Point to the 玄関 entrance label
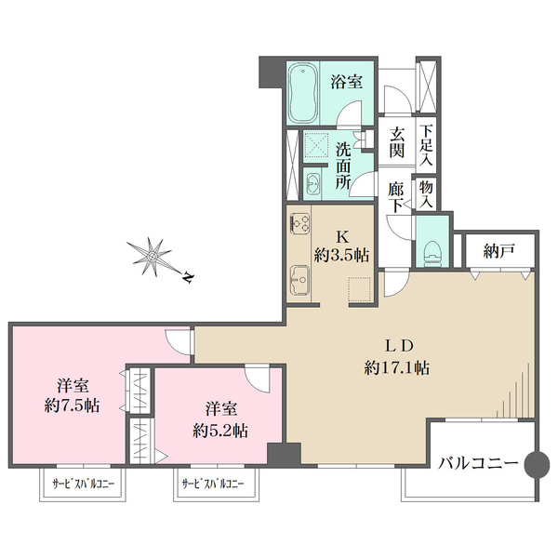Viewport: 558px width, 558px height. coord(397,141)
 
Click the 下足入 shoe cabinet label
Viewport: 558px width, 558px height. coord(426,141)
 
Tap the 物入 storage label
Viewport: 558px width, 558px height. coord(426,193)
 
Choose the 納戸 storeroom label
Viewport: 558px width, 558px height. coord(498,250)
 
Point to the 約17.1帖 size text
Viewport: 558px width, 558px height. coord(397,368)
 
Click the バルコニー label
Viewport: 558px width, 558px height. coord(476,461)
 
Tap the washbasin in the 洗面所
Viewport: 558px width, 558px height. coord(312,183)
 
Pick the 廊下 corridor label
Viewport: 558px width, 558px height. coord(397,193)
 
